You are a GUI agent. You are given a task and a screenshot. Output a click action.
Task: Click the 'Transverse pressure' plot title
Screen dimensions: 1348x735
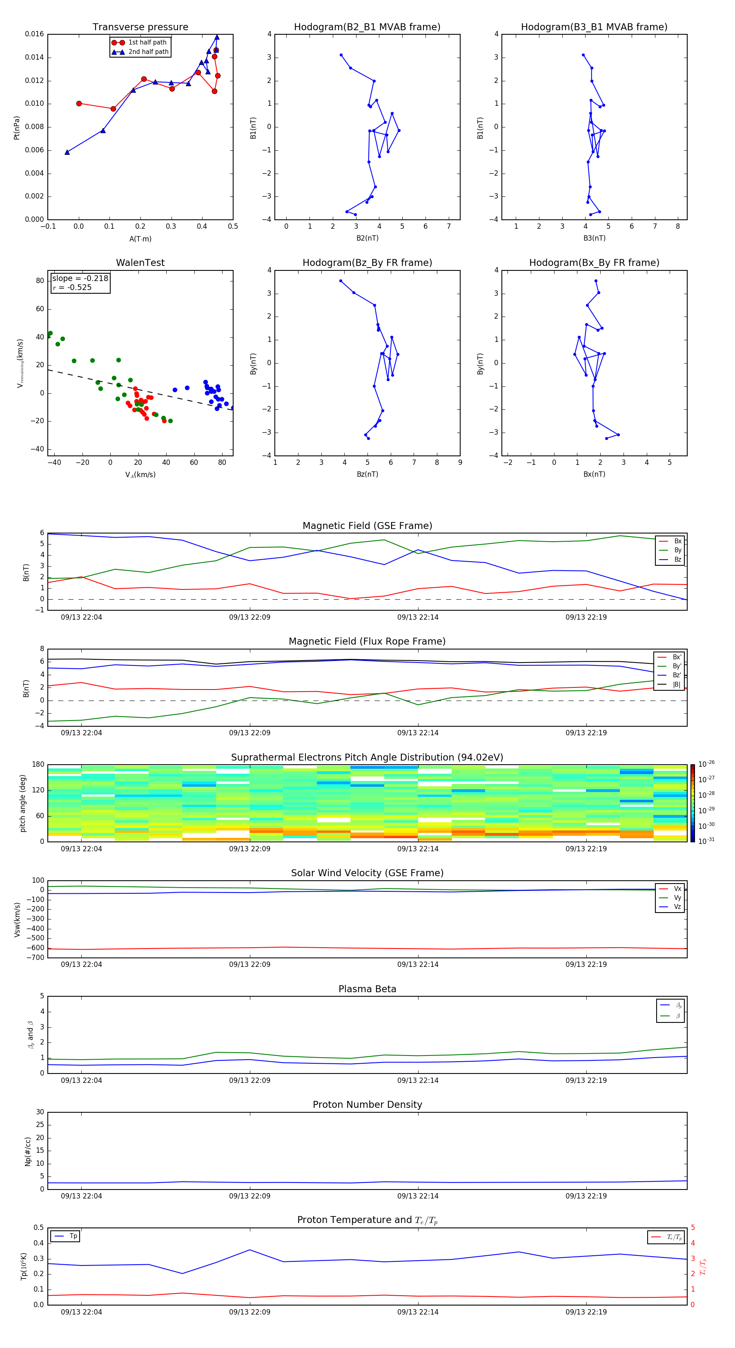point(140,27)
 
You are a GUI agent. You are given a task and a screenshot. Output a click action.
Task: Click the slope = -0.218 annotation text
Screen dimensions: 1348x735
point(80,279)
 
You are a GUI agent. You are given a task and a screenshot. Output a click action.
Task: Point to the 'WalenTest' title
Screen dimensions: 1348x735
point(140,263)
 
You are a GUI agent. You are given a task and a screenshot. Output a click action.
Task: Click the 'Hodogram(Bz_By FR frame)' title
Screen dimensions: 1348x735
point(367,263)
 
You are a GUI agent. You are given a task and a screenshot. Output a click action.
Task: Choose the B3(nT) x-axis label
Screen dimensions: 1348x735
point(594,238)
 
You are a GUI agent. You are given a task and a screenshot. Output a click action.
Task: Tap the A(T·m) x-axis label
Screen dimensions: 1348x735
point(140,239)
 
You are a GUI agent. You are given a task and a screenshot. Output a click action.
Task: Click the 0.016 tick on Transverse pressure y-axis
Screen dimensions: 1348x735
point(35,34)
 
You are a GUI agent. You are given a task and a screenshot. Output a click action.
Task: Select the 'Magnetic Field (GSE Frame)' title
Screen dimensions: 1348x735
point(367,526)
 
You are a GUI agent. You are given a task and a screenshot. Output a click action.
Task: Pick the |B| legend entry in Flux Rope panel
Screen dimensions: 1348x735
point(677,685)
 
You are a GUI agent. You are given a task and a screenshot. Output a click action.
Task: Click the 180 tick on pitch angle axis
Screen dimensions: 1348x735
point(38,765)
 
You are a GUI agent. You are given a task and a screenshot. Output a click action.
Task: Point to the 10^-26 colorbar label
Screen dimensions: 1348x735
point(706,764)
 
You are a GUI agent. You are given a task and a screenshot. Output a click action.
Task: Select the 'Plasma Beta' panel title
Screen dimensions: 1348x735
point(367,989)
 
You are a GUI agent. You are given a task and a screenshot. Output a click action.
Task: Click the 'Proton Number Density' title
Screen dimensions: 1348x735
point(367,1105)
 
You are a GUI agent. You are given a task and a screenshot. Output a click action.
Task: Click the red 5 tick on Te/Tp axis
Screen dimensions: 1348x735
point(693,1227)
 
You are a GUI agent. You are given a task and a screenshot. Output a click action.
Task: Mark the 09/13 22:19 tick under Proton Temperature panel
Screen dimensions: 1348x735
point(586,1312)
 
